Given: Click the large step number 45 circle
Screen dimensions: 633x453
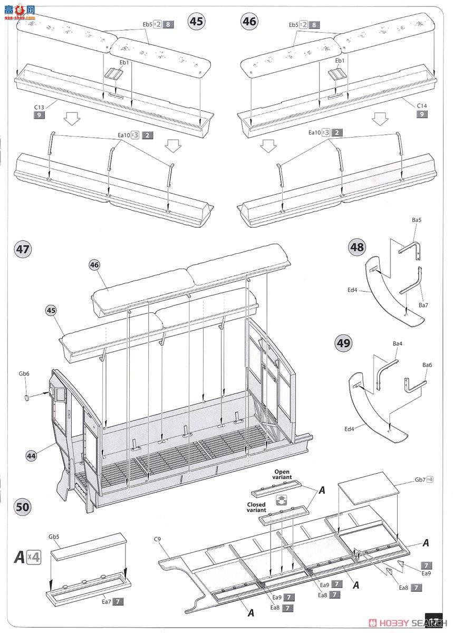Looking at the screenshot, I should click(197, 22).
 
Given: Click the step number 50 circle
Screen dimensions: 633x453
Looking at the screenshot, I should click(23, 507).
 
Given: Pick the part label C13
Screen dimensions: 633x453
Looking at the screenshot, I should click(40, 107).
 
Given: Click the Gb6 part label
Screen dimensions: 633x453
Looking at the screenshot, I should click(24, 373).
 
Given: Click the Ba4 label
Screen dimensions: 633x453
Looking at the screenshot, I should click(398, 344).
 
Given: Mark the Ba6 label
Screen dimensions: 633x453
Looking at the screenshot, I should click(427, 365).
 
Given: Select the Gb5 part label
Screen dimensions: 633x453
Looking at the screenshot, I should click(54, 536).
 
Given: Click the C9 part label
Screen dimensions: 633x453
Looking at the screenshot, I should click(157, 539).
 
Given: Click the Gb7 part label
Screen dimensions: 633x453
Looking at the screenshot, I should click(420, 479).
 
